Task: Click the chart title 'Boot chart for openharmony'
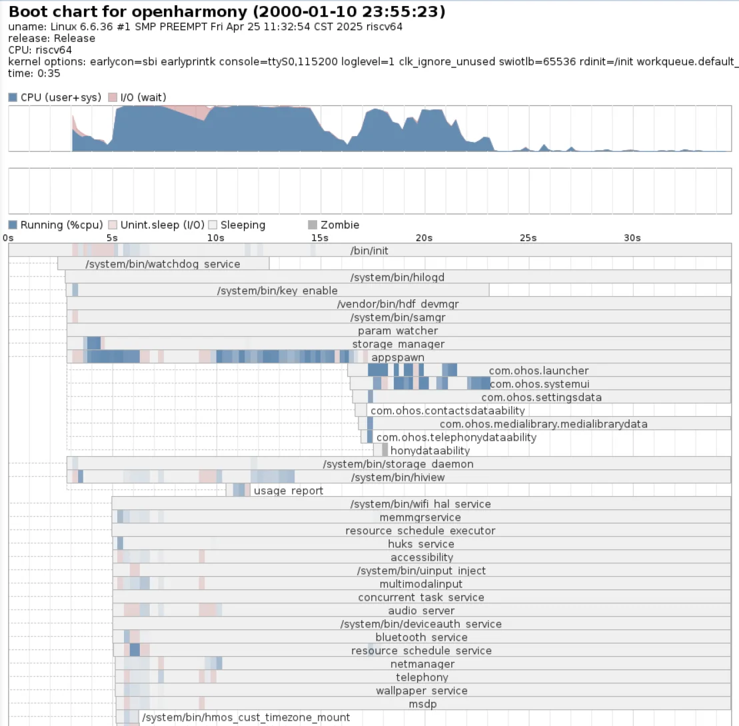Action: click(128, 11)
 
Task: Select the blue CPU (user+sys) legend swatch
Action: click(13, 97)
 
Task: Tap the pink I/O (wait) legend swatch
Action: click(113, 97)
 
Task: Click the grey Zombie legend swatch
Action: click(313, 225)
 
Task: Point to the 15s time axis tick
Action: click(320, 238)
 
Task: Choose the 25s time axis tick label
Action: click(528, 238)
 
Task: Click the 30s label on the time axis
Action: click(632, 238)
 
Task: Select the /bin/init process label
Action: click(369, 251)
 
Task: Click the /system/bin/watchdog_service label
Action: click(163, 264)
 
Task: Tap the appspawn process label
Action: click(398, 357)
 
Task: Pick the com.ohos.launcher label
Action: click(538, 371)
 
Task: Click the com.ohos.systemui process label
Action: click(540, 384)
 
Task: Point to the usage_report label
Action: click(289, 491)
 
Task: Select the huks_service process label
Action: click(421, 544)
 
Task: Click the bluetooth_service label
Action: click(421, 637)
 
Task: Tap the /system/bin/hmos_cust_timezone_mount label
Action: click(246, 717)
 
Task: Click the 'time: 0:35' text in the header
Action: click(34, 73)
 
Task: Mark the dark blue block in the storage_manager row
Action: click(94, 343)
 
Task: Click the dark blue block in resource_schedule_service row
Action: click(135, 650)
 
